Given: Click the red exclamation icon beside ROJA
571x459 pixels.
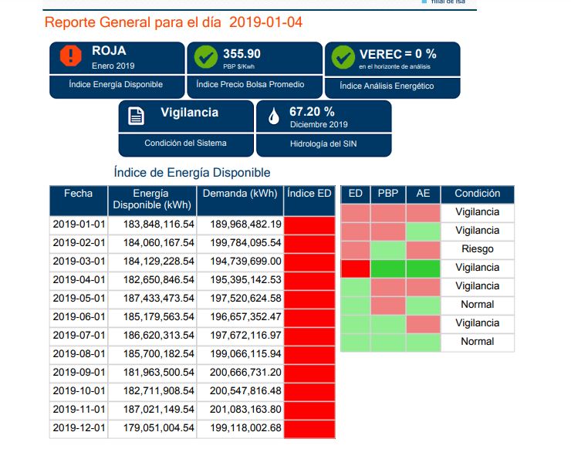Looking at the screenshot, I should point(70,56).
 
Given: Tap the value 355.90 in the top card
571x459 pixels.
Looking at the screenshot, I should point(242,54).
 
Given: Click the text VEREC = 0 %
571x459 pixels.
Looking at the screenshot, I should point(398,54).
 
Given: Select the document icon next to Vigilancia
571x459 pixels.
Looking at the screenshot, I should point(136,116).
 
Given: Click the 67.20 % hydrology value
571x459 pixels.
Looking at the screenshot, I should point(312,112).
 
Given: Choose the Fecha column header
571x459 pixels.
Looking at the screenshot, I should point(78,194).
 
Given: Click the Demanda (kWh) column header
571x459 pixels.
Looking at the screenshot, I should point(240,194).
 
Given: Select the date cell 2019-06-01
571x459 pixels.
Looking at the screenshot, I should point(78,316).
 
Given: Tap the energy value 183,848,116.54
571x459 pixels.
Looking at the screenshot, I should point(152,224).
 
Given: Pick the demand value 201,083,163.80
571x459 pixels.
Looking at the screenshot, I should point(240,409).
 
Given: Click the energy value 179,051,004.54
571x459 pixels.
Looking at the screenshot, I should point(152,427).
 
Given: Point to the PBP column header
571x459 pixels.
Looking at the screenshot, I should point(388,194).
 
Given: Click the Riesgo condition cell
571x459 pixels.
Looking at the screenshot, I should point(477,249).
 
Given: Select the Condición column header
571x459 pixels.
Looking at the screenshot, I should point(477,194).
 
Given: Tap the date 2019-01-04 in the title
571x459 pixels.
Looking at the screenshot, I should point(266,22).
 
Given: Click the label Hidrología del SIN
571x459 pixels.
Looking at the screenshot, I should point(323,143).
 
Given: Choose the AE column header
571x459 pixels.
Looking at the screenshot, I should point(423,194).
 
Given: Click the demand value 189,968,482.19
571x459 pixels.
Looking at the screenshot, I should point(240,224).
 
